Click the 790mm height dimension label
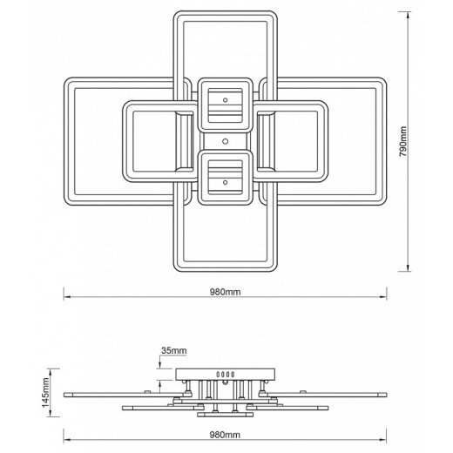[x=403, y=141]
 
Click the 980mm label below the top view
[x=226, y=292]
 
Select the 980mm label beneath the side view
[x=225, y=435]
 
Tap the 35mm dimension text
[x=174, y=351]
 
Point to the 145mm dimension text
[x=46, y=393]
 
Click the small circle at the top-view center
[x=225, y=141]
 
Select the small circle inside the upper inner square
[x=225, y=100]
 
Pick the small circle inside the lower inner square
[x=225, y=183]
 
